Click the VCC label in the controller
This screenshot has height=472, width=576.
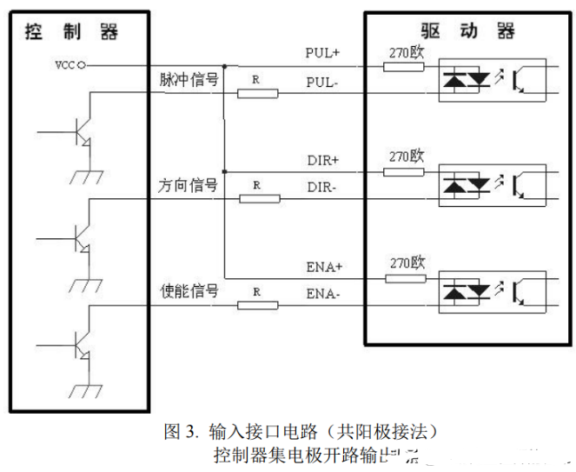(x=65, y=65)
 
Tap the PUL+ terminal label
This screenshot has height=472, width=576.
(x=322, y=53)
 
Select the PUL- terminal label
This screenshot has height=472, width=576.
(x=322, y=81)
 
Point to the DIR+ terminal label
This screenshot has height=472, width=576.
(x=322, y=160)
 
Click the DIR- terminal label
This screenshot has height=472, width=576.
(x=322, y=187)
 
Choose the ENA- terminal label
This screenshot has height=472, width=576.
(x=322, y=294)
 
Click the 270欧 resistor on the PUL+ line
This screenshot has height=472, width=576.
(x=404, y=65)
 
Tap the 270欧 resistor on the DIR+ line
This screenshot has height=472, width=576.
(x=404, y=171)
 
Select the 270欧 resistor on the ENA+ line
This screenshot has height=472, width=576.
(x=404, y=277)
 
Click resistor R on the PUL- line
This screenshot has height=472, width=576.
(x=258, y=92)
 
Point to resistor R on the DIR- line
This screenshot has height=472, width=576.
(x=258, y=198)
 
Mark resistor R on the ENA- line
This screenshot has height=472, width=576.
(x=258, y=305)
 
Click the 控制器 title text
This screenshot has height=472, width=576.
(x=71, y=32)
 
